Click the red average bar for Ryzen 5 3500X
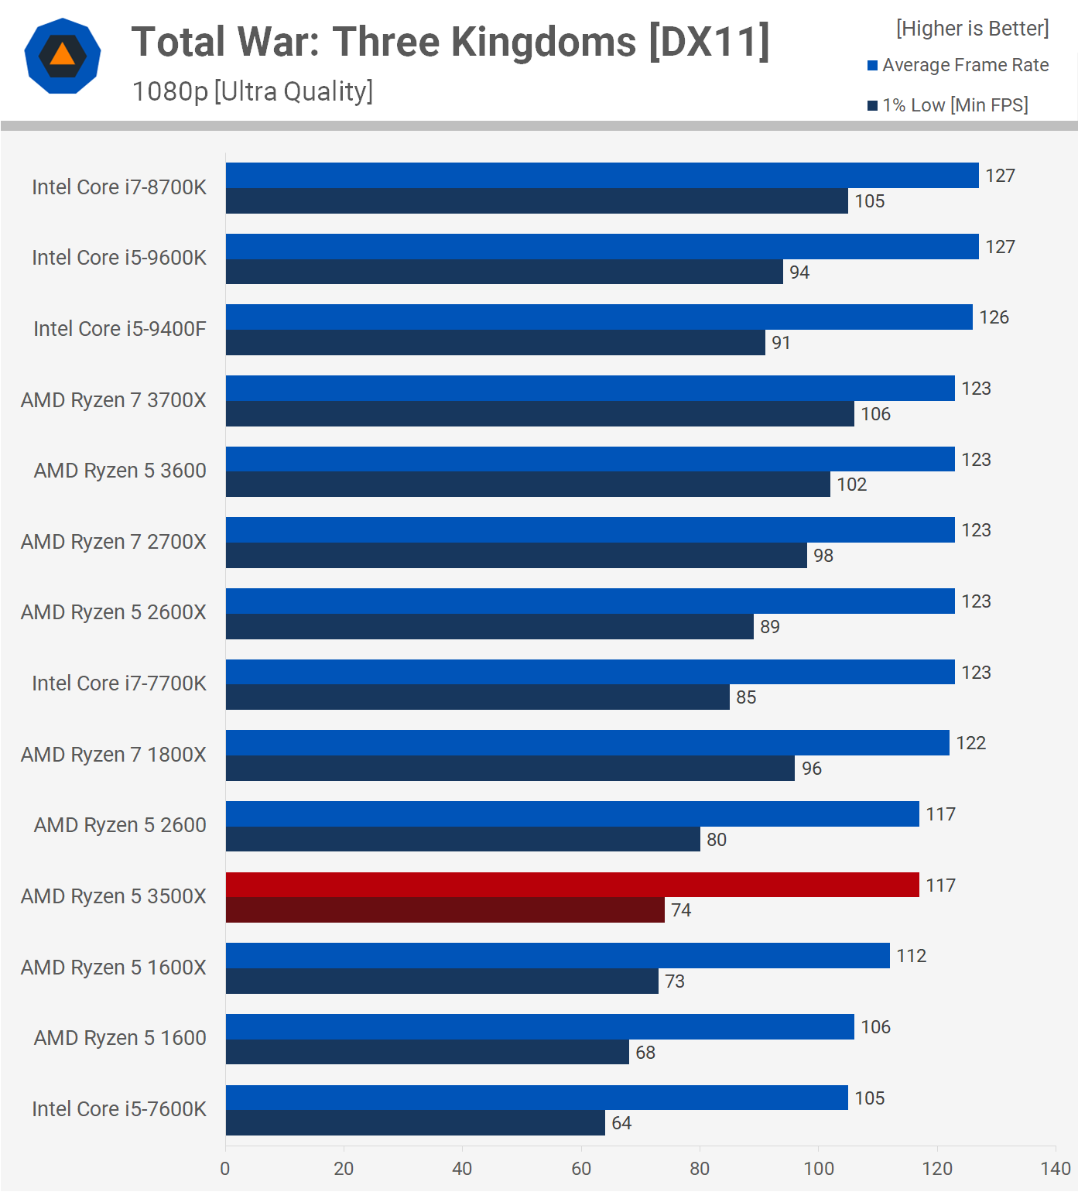click(573, 885)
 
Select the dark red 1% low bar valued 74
click(445, 910)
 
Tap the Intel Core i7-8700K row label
click(119, 187)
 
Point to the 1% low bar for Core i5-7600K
click(416, 1123)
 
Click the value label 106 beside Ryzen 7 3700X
click(876, 414)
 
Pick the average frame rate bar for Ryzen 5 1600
click(540, 1027)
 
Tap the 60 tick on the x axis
click(581, 1169)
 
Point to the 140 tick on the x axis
click(1056, 1169)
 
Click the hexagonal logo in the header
click(63, 56)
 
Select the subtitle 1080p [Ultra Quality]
click(252, 91)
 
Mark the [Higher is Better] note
click(972, 29)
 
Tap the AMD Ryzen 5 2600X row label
click(114, 612)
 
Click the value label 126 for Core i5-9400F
click(994, 317)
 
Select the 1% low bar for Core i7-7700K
click(477, 697)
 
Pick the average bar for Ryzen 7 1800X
click(587, 743)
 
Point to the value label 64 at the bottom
click(621, 1123)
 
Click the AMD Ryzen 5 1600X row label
click(114, 968)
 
